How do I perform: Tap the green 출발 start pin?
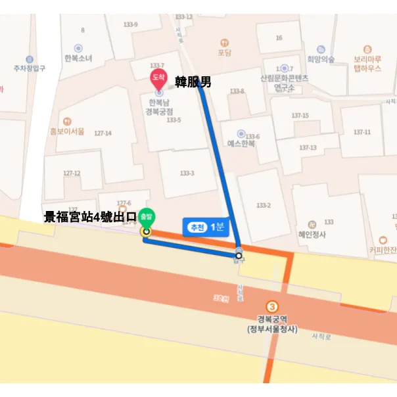tap(147, 218)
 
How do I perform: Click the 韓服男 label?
tap(193, 82)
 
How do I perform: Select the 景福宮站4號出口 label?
tap(90, 217)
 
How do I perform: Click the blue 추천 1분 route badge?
tap(206, 227)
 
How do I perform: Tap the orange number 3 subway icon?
tap(272, 307)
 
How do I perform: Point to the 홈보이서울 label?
tap(67, 131)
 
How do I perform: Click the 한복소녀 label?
tap(78, 58)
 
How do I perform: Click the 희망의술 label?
tap(321, 58)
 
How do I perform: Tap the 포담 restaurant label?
tap(225, 52)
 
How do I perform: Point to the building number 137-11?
tap(362, 132)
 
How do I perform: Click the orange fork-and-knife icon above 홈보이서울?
tap(67, 121)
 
